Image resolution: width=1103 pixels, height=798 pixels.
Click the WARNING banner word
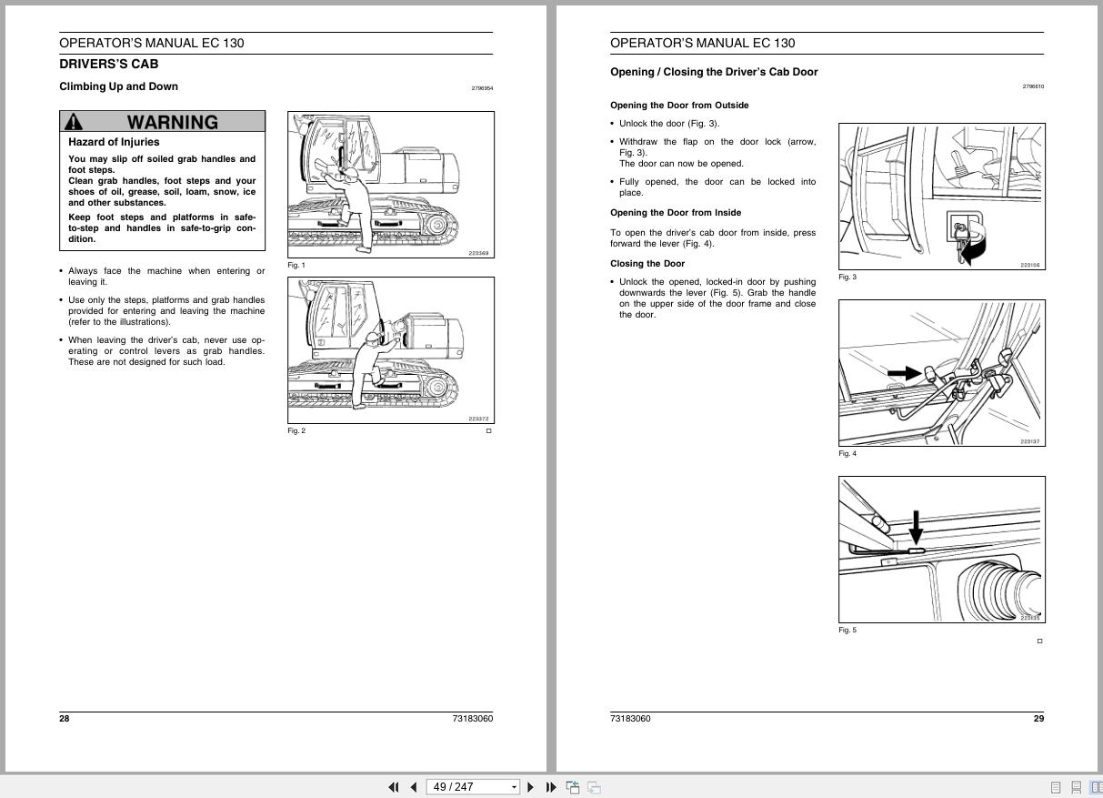(x=172, y=122)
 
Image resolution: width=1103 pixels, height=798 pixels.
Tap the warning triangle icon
(x=74, y=122)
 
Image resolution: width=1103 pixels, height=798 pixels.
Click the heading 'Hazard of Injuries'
(x=114, y=142)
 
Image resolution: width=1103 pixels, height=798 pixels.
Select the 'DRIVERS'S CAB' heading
(x=108, y=65)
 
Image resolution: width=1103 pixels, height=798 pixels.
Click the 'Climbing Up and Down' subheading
(x=118, y=86)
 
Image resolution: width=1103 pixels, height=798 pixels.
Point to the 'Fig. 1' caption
(x=296, y=266)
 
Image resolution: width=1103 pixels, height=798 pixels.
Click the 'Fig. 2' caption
(x=296, y=431)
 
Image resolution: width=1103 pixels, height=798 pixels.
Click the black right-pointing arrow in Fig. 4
(x=903, y=373)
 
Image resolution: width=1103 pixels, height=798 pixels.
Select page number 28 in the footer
(x=65, y=719)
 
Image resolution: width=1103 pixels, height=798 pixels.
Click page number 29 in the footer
(x=1038, y=719)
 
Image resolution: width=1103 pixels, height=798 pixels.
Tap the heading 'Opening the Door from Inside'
(x=676, y=213)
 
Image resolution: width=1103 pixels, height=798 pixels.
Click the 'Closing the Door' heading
(x=647, y=264)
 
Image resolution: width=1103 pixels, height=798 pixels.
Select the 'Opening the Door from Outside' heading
(x=679, y=106)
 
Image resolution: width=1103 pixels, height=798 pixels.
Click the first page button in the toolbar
(x=394, y=787)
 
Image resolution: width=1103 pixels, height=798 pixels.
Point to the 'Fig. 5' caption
(x=847, y=631)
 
